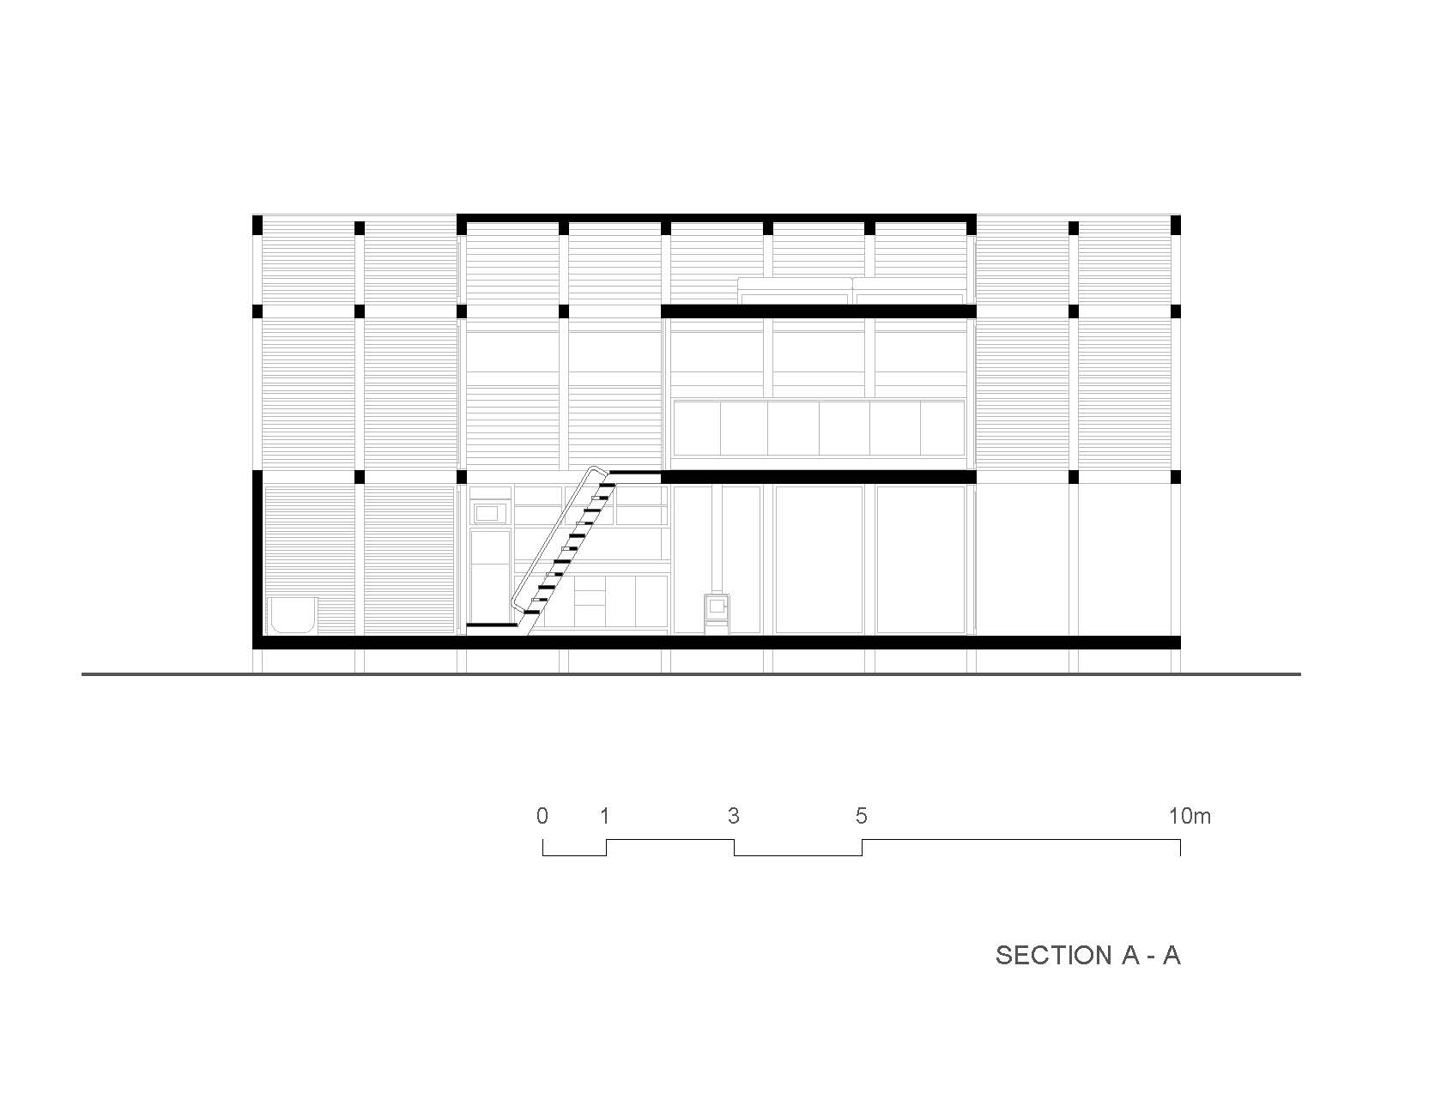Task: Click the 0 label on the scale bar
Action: [542, 816]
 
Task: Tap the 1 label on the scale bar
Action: [605, 816]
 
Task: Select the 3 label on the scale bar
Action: [734, 816]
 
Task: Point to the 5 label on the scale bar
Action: [862, 816]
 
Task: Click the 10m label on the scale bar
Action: [1190, 816]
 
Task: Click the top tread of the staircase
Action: [607, 486]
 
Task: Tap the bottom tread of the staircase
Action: [532, 612]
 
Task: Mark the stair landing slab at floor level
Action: [492, 625]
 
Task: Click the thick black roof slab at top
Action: [717, 218]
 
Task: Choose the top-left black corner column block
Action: [257, 225]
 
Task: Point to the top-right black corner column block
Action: [1177, 225]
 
